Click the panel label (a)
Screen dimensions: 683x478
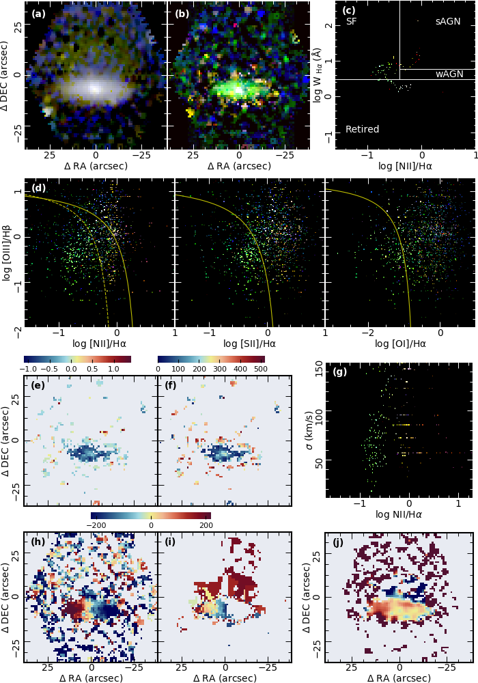pyautogui.click(x=39, y=13)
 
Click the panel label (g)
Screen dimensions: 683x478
pyautogui.click(x=339, y=372)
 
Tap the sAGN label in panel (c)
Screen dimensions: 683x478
pyautogui.click(x=448, y=22)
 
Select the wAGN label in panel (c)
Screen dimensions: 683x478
pyautogui.click(x=449, y=74)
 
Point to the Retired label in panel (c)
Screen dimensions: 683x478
pyautogui.click(x=362, y=129)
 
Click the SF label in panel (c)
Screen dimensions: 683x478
pyautogui.click(x=351, y=22)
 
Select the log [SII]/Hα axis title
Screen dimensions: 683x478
pyautogui.click(x=249, y=344)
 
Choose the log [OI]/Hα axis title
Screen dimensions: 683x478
pyautogui.click(x=399, y=344)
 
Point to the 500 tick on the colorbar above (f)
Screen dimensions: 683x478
pyautogui.click(x=259, y=369)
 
